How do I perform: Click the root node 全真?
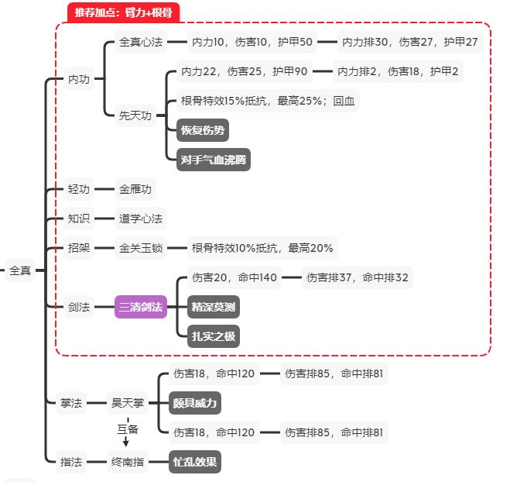tap(19, 271)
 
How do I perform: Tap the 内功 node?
tap(79, 79)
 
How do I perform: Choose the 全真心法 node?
tap(141, 42)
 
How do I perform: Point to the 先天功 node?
tap(135, 115)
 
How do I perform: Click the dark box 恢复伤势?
tap(203, 130)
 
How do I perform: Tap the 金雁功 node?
tap(136, 189)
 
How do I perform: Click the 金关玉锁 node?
tap(141, 248)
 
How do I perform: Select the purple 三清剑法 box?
tap(141, 308)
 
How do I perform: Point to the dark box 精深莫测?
tap(214, 308)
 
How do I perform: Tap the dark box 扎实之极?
tap(214, 336)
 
